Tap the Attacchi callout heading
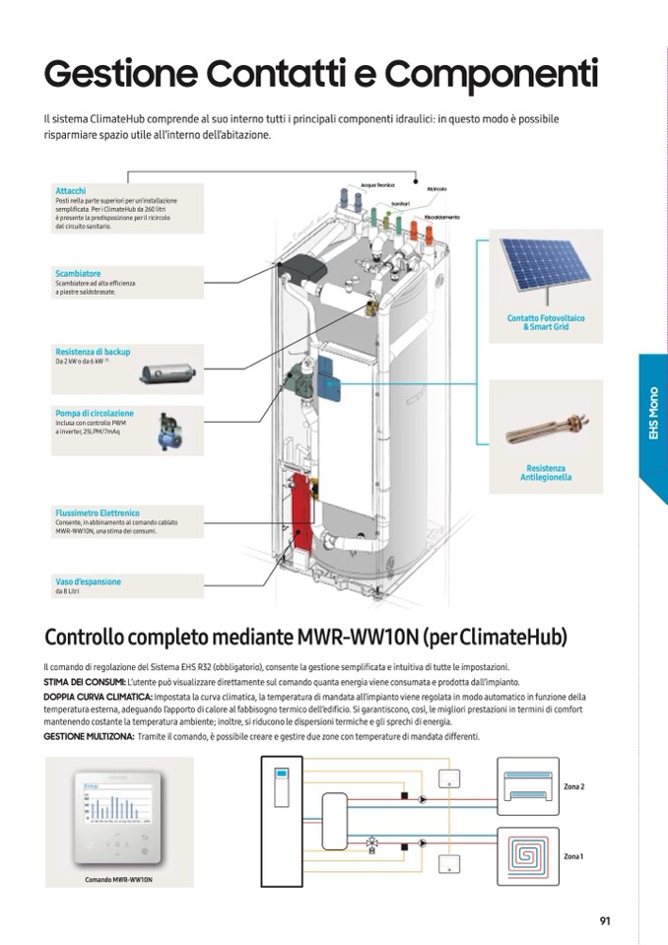tap(71, 190)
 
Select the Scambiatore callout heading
tap(78, 273)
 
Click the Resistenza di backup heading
tap(93, 351)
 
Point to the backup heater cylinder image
tap(168, 373)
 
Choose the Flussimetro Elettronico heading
tap(98, 512)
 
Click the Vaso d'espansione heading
tap(89, 581)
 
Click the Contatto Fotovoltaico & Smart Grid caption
tap(546, 322)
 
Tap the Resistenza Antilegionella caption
tap(546, 473)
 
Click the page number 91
tap(605, 921)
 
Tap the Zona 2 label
tap(574, 787)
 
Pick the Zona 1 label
tap(574, 856)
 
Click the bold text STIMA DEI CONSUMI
tap(85, 682)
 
